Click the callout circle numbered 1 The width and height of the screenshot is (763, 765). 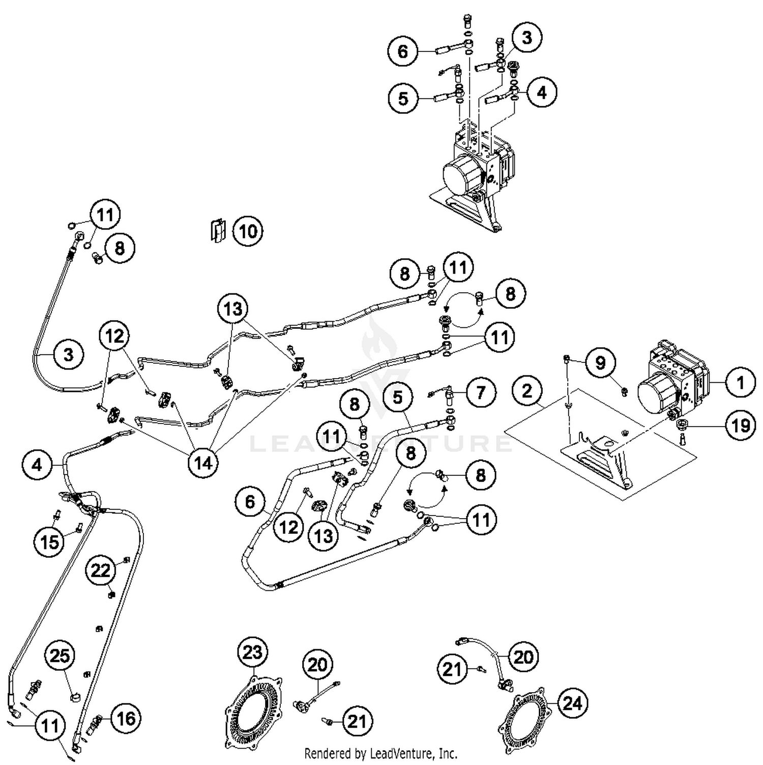coord(740,382)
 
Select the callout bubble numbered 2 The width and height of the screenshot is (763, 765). coord(527,390)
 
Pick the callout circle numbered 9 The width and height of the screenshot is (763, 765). coord(600,363)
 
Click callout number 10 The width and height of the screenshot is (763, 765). coord(248,232)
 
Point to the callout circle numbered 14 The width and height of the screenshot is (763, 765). coord(202,463)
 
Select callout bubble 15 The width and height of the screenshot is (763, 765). coord(49,542)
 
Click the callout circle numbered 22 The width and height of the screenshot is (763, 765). coord(100,570)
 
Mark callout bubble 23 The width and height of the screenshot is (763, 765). coord(252,653)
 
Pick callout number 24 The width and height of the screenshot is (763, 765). coord(572,703)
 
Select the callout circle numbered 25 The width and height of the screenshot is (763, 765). coord(60,656)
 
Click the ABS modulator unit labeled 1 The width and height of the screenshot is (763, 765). coord(671,377)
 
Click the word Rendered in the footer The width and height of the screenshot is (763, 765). coord(323,753)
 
